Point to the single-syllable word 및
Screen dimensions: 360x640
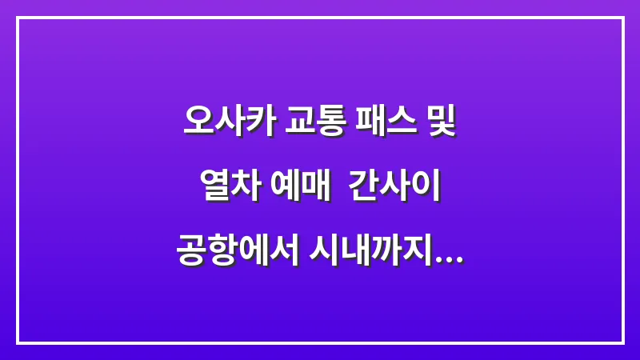(x=441, y=124)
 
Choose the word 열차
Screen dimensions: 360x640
(x=226, y=190)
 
